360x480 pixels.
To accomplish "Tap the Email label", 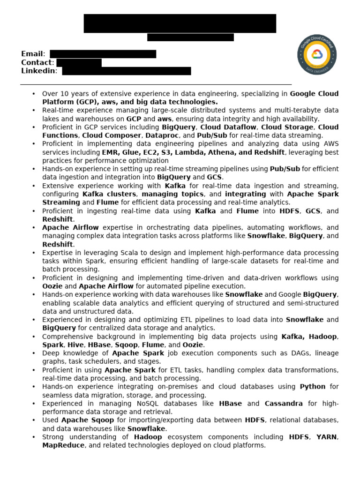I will pyautogui.click(x=32, y=54).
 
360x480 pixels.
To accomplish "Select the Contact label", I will pyautogui.click(x=37, y=62).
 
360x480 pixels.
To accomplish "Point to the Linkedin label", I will pyautogui.click(x=38, y=71).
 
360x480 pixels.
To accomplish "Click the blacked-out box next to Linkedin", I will pyautogui.click(x=127, y=71).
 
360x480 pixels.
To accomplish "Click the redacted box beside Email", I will pyautogui.click(x=103, y=54).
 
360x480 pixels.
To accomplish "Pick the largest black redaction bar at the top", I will pyautogui.click(x=180, y=23).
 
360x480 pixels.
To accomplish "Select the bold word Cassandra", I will pyautogui.click(x=284, y=404).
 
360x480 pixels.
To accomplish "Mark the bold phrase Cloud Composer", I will pyautogui.click(x=110, y=135).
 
